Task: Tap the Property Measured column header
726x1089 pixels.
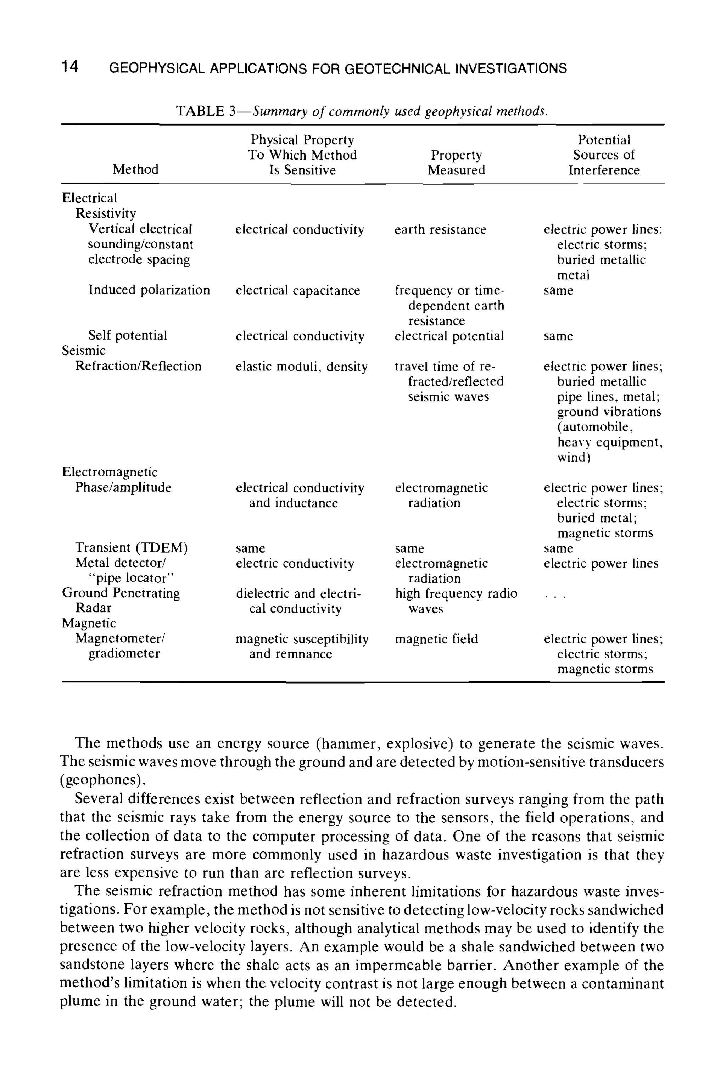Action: (456, 162)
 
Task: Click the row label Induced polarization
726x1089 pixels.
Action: (149, 290)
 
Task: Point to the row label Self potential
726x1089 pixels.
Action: (127, 336)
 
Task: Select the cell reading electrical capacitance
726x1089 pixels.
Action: (298, 290)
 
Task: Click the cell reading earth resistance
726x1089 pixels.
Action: (440, 230)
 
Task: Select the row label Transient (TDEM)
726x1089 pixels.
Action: (132, 548)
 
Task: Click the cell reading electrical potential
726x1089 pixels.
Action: (449, 336)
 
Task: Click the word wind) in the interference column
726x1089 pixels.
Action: (574, 457)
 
